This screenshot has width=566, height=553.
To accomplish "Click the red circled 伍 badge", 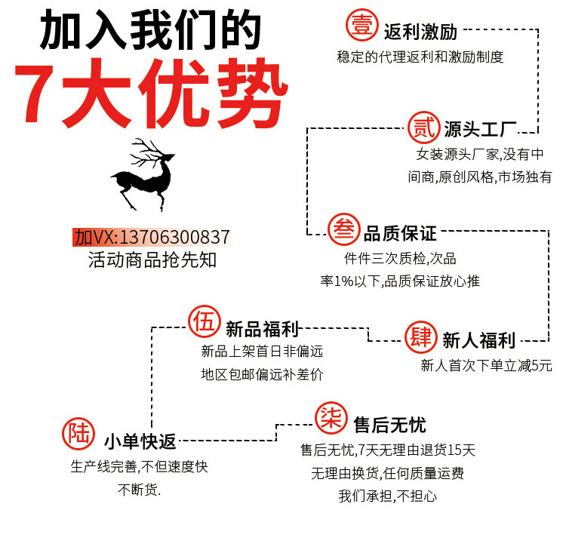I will (204, 322).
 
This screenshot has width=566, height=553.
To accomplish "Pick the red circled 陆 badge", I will (79, 435).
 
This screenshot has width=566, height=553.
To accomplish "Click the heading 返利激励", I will (420, 32).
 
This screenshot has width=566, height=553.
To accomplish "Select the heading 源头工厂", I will (480, 127).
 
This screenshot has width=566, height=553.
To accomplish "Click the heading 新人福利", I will (478, 340).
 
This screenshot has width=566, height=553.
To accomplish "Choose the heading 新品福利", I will (263, 328).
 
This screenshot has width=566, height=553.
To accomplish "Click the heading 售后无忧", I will (389, 423).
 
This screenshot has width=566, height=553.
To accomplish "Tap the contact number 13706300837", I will (175, 237).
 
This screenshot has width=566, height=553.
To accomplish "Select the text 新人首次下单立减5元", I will (486, 366).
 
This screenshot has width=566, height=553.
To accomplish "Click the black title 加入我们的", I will (150, 32).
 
